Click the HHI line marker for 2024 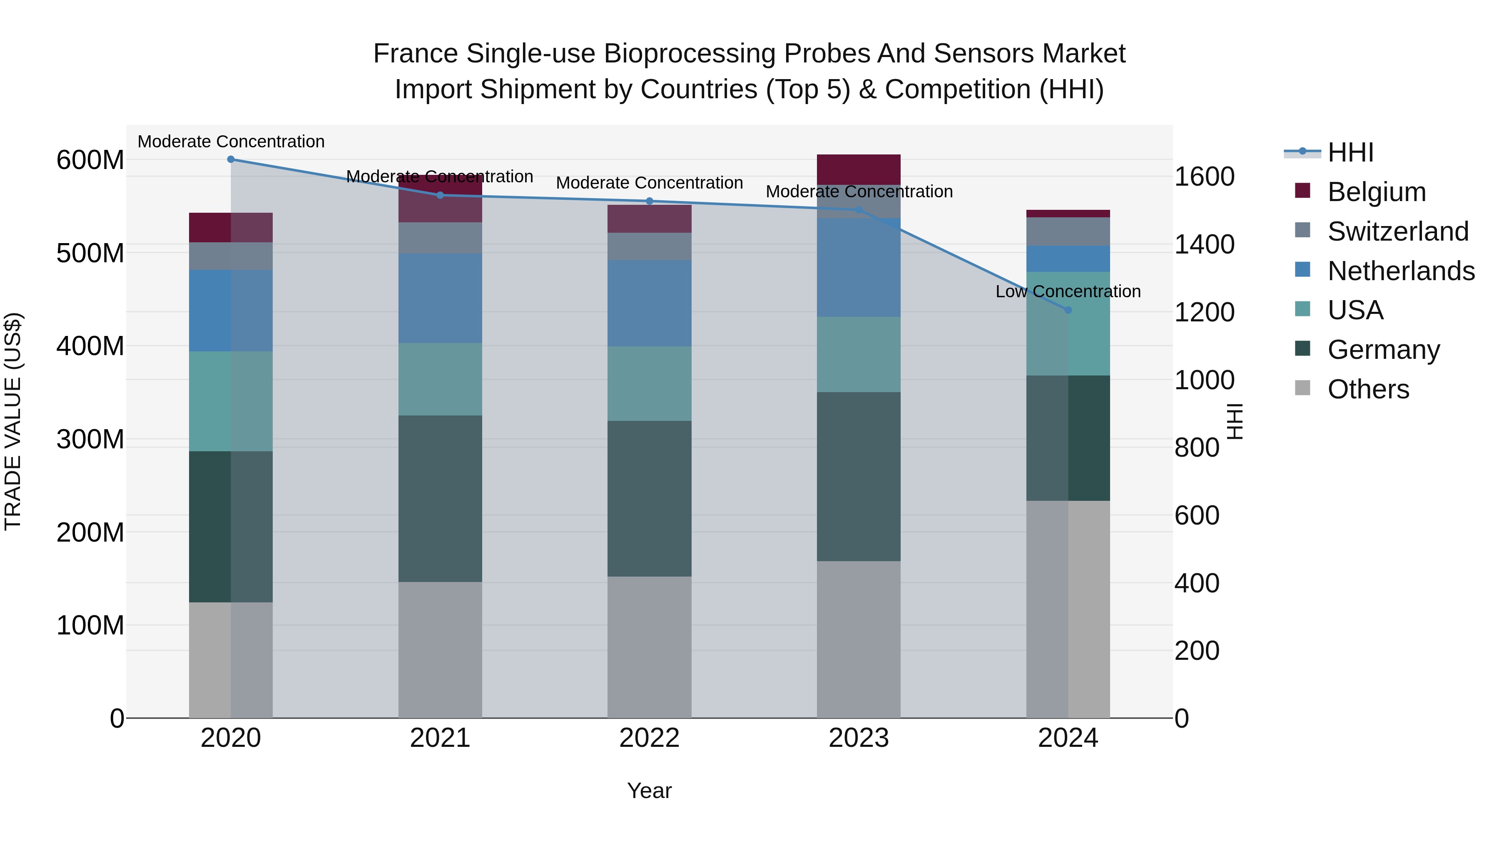tap(1068, 310)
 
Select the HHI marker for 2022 tap(650, 201)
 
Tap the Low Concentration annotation tap(1068, 291)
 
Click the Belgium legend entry tap(1376, 192)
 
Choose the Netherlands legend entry tap(1401, 271)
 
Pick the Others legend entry tap(1368, 389)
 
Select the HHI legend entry tap(1350, 152)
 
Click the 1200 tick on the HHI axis tap(1203, 312)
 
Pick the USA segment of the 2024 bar tap(1068, 323)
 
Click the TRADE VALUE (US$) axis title tap(13, 421)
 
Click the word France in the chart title tap(416, 54)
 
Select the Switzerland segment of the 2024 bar tap(1068, 231)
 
